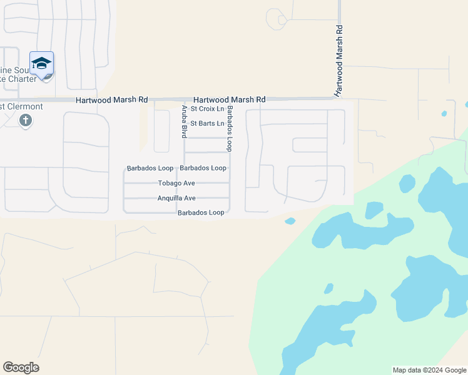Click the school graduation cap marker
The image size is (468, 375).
pyautogui.click(x=41, y=64)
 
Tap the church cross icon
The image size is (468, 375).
pyautogui.click(x=26, y=121)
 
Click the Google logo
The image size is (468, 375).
pyautogui.click(x=21, y=367)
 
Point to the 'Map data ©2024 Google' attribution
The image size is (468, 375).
pyautogui.click(x=429, y=370)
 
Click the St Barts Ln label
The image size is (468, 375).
pyautogui.click(x=207, y=124)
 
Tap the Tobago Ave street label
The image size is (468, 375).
pyautogui.click(x=176, y=183)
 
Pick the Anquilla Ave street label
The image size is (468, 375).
pyautogui.click(x=176, y=198)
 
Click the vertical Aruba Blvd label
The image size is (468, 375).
pyautogui.click(x=185, y=121)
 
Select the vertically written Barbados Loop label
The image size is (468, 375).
pyautogui.click(x=230, y=129)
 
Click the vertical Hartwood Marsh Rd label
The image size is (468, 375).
pyautogui.click(x=339, y=61)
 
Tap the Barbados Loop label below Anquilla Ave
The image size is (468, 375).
pyautogui.click(x=201, y=212)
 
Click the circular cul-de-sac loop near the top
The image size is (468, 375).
pyautogui.click(x=276, y=18)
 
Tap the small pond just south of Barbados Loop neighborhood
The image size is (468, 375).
pyautogui.click(x=290, y=221)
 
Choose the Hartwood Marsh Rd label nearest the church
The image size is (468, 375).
pyautogui.click(x=111, y=100)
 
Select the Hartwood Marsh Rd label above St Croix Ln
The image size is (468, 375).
pyautogui.click(x=230, y=99)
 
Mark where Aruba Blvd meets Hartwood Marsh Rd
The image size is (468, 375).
pyautogui.click(x=183, y=99)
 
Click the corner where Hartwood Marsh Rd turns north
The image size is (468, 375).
pyautogui.click(x=339, y=98)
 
